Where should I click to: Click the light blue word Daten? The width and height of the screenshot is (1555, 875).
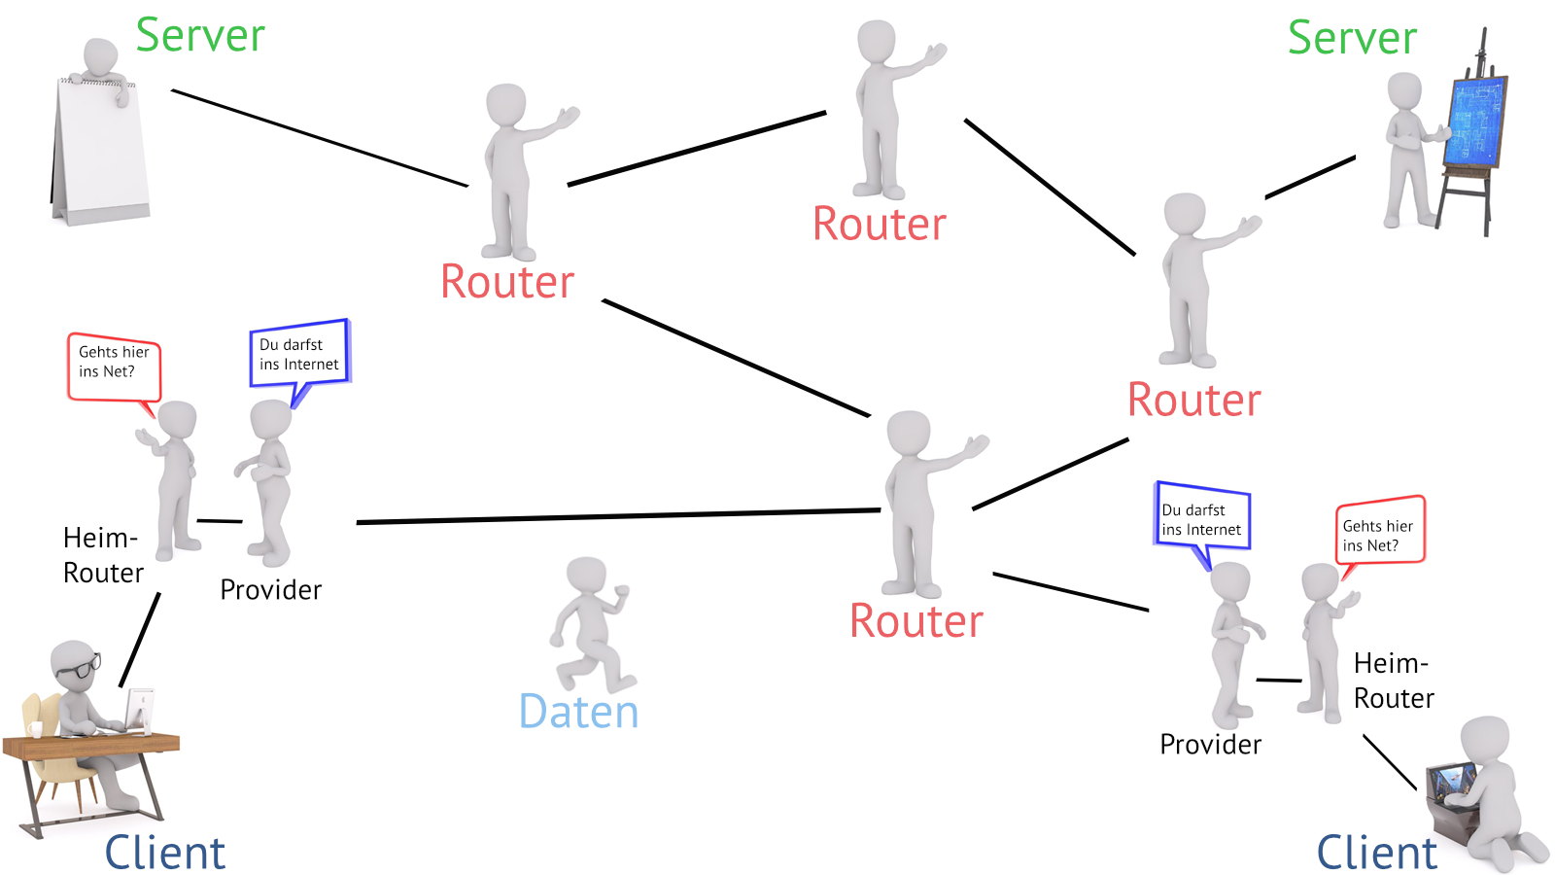[x=578, y=712]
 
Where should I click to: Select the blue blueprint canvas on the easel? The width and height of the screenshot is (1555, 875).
[x=1475, y=122]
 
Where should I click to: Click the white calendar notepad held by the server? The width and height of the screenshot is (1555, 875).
[x=101, y=151]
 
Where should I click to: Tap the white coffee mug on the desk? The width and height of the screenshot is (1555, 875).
[x=36, y=729]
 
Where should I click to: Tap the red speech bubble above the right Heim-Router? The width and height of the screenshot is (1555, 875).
[x=1379, y=532]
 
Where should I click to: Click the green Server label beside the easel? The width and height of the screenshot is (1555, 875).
[x=1351, y=38]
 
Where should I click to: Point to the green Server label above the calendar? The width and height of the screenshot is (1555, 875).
[x=199, y=35]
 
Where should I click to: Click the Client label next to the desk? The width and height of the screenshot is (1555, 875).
[x=165, y=852]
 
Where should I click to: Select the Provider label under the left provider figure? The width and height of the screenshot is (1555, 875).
[x=270, y=590]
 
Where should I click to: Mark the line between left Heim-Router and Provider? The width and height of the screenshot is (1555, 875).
[x=220, y=521]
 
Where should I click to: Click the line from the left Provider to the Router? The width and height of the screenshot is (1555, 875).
[x=618, y=516]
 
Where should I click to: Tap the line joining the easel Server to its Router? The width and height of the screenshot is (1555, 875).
[x=1309, y=177]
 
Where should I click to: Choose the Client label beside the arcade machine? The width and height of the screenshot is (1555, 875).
[x=1376, y=852]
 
